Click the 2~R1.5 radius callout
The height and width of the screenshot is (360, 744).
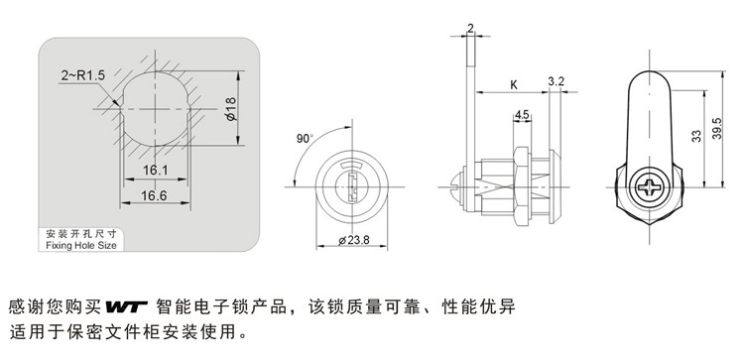click(x=82, y=75)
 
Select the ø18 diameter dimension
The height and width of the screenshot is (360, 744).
click(x=231, y=108)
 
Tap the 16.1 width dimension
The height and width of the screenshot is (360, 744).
click(x=156, y=170)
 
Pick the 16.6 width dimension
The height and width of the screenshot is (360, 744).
click(x=154, y=195)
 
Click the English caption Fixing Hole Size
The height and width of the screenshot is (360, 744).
click(x=81, y=245)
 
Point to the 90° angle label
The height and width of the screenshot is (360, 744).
click(x=306, y=139)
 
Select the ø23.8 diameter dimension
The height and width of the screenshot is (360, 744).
click(x=354, y=240)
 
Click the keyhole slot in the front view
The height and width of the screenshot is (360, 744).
click(x=352, y=186)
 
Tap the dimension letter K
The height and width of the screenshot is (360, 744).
click(x=514, y=85)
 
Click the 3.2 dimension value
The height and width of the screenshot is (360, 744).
click(x=557, y=81)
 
